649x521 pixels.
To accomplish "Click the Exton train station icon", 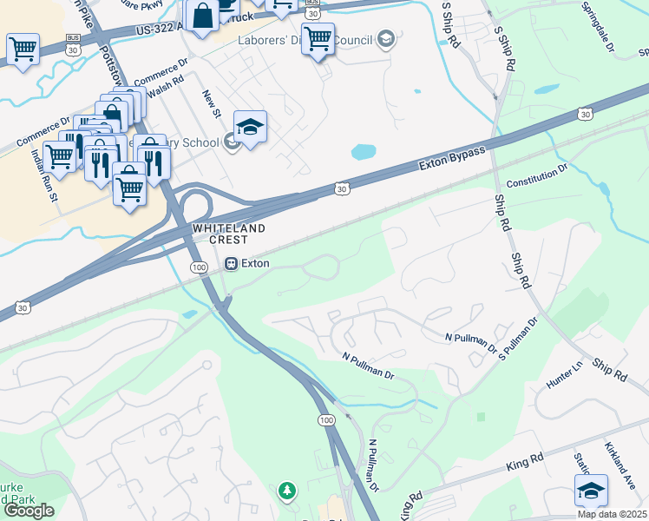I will [232, 263].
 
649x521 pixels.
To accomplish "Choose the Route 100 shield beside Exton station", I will [200, 267].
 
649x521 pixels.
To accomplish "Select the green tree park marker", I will [286, 492].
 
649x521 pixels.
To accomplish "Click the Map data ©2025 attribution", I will [611, 514].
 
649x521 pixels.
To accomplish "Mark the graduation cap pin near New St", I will [250, 128].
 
